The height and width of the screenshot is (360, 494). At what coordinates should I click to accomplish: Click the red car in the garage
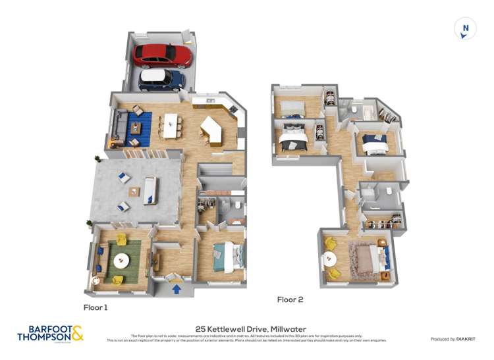tap(162, 55)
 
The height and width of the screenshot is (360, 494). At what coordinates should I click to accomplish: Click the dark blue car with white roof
tap(161, 80)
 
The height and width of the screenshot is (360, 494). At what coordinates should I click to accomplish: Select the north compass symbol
tap(465, 28)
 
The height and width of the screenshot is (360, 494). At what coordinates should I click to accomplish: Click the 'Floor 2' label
tap(290, 299)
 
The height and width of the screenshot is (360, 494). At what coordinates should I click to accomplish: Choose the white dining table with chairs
tap(171, 125)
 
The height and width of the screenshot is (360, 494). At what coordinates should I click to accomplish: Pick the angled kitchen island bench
tap(211, 129)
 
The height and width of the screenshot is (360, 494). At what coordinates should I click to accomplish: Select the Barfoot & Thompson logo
tap(50, 333)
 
